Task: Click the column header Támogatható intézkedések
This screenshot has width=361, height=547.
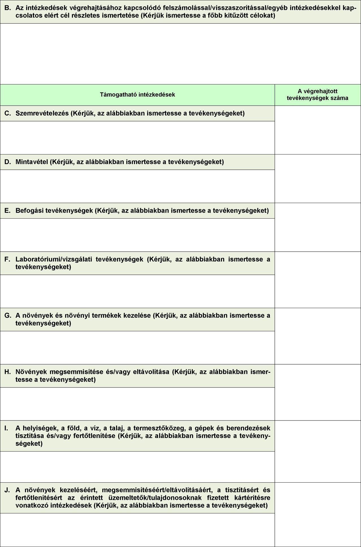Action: pyautogui.click(x=137, y=95)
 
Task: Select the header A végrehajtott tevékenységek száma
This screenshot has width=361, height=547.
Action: pyautogui.click(x=317, y=95)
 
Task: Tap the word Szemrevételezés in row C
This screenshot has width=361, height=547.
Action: pyautogui.click(x=42, y=113)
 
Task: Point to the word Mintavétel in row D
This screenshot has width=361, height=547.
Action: pyautogui.click(x=31, y=162)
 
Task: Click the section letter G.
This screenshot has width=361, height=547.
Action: pyautogui.click(x=8, y=315)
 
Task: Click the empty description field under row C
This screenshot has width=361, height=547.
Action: pyautogui.click(x=137, y=138)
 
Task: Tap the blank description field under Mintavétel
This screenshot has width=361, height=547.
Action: pyautogui.click(x=137, y=186)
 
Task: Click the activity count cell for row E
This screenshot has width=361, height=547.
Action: pyautogui.click(x=317, y=227)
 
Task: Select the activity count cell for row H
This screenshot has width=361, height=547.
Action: pyautogui.click(x=317, y=392)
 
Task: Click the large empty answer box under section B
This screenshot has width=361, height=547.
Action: pyautogui.click(x=180, y=54)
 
